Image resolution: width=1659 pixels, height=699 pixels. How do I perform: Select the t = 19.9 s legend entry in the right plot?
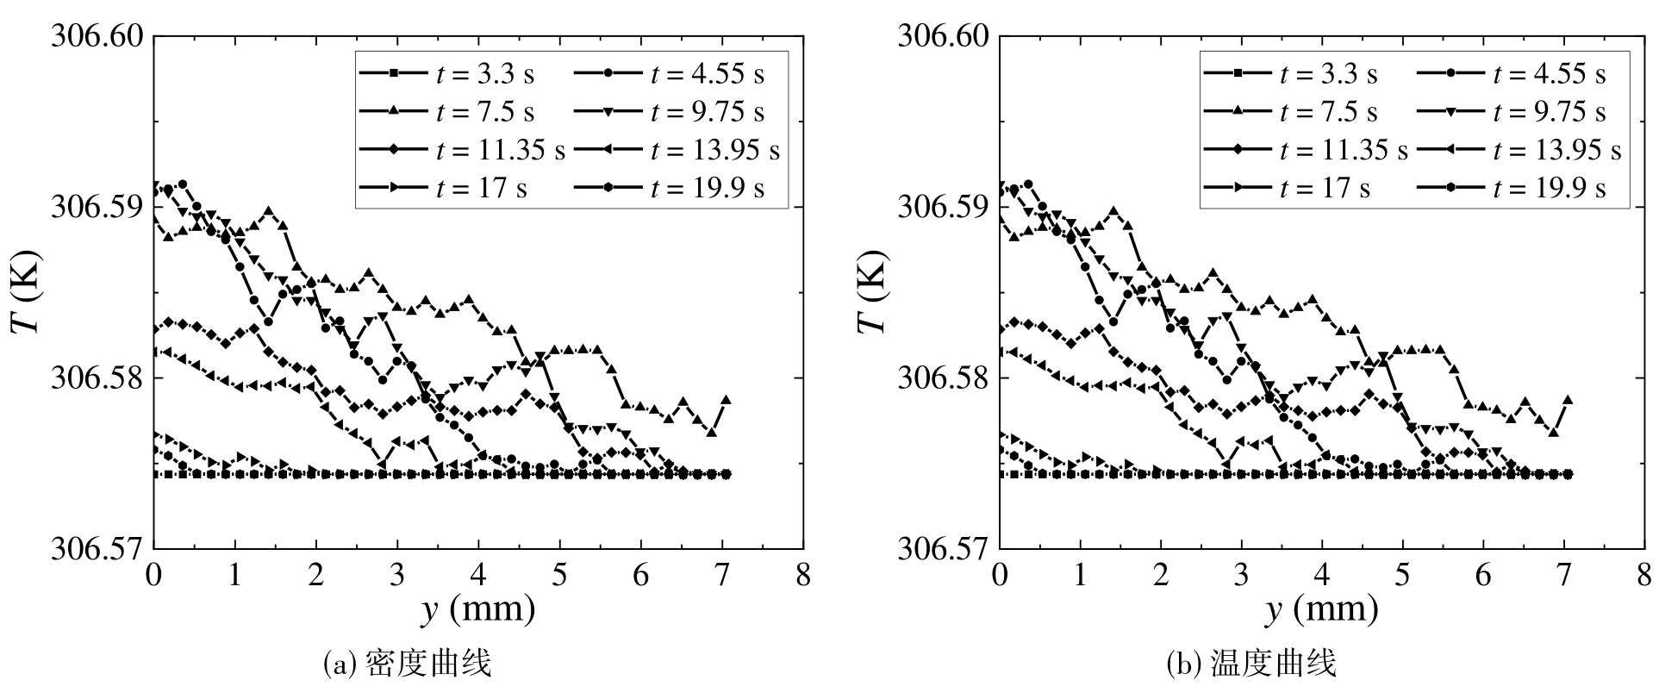pyautogui.click(x=1512, y=188)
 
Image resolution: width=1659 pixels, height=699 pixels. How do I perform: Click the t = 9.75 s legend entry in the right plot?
pyautogui.click(x=1512, y=112)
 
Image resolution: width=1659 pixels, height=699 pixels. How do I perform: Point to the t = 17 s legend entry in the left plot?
pyautogui.click(x=446, y=188)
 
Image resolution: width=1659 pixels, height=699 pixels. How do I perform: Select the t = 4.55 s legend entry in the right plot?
pyautogui.click(x=1512, y=74)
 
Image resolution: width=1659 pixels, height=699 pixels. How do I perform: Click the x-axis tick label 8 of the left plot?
pyautogui.click(x=803, y=576)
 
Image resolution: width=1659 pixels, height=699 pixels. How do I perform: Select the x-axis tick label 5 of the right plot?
pyautogui.click(x=1404, y=576)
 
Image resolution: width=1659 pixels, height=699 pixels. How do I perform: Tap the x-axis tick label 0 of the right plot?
pyautogui.click(x=1000, y=576)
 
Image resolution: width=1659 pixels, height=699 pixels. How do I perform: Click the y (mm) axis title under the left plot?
pyautogui.click(x=478, y=610)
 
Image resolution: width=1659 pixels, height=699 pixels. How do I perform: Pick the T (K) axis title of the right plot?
pyautogui.click(x=871, y=293)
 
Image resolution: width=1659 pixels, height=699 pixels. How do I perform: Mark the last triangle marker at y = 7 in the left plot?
pyautogui.click(x=726, y=400)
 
